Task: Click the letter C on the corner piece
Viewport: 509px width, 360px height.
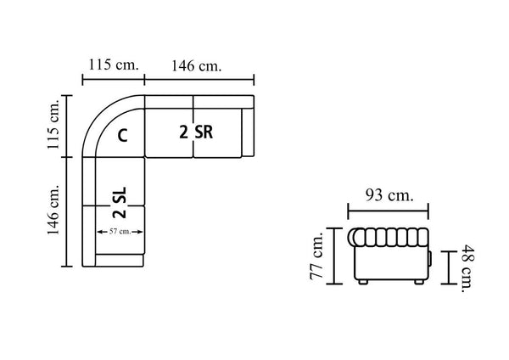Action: (x=122, y=136)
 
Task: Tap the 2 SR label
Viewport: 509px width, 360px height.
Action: (x=196, y=132)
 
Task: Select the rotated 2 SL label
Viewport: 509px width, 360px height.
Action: (x=120, y=202)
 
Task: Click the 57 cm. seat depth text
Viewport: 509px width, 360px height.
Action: (x=120, y=231)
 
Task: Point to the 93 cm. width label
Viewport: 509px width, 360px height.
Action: (x=389, y=195)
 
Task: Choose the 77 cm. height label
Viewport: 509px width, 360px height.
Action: (x=316, y=256)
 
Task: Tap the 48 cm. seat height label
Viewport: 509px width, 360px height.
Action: (x=467, y=268)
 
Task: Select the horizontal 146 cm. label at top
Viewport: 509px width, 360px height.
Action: (x=197, y=65)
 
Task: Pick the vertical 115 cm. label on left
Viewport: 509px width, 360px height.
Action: (x=53, y=125)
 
